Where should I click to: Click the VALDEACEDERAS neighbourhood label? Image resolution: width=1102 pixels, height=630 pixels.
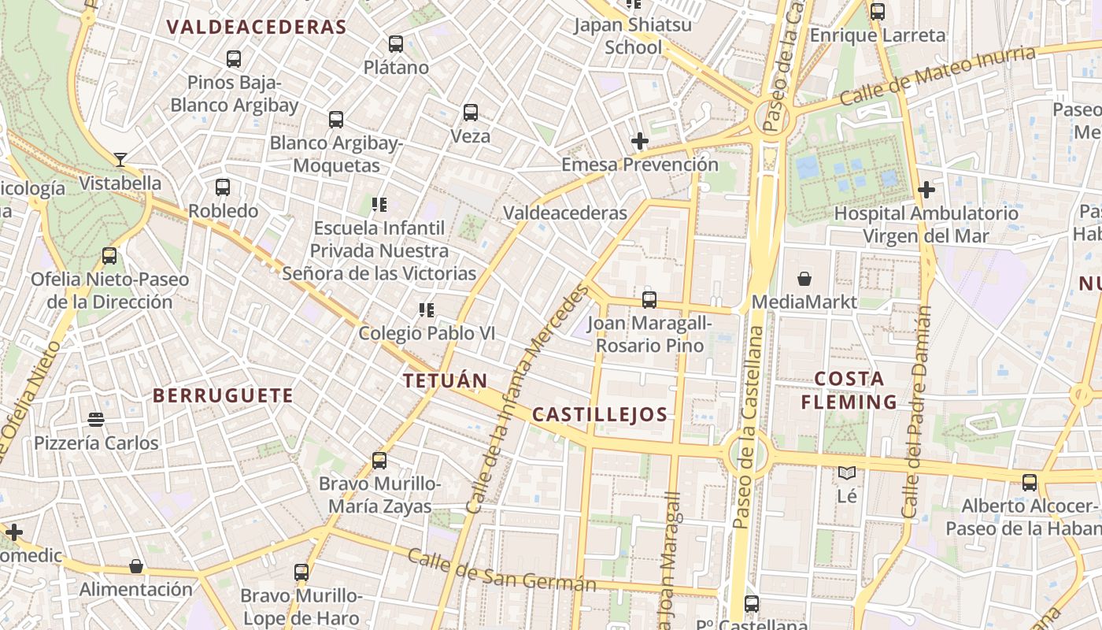pos(257,27)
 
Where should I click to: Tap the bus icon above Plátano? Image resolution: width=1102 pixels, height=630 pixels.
pos(396,44)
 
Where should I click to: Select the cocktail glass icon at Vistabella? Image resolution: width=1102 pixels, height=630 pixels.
pos(120,160)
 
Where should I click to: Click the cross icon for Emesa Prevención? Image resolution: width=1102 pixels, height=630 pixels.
pos(640,142)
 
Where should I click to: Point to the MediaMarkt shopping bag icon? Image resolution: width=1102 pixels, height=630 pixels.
pos(804,279)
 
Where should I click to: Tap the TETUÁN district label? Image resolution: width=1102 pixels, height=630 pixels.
pos(446,381)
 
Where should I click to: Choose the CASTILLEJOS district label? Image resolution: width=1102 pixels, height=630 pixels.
pos(600,415)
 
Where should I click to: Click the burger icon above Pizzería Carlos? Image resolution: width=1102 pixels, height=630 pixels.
pos(96,420)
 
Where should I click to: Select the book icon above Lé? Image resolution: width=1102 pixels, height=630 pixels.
pos(847,472)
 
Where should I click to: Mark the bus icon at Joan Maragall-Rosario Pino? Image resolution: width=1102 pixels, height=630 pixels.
pos(649,300)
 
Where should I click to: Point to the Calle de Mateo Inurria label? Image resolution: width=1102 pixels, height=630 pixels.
pos(937,76)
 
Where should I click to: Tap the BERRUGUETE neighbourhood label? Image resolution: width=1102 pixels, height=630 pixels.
pos(223,395)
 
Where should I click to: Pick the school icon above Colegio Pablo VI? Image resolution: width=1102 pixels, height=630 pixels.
pos(427,310)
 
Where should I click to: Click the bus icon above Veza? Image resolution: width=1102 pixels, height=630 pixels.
pos(471,113)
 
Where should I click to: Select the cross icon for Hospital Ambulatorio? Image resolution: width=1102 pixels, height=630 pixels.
pos(926,190)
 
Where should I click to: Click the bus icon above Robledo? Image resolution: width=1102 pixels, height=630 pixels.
pos(223,187)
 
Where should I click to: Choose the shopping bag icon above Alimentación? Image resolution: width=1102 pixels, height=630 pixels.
pos(136,566)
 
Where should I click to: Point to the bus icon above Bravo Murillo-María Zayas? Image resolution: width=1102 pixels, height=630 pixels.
pos(379,460)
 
